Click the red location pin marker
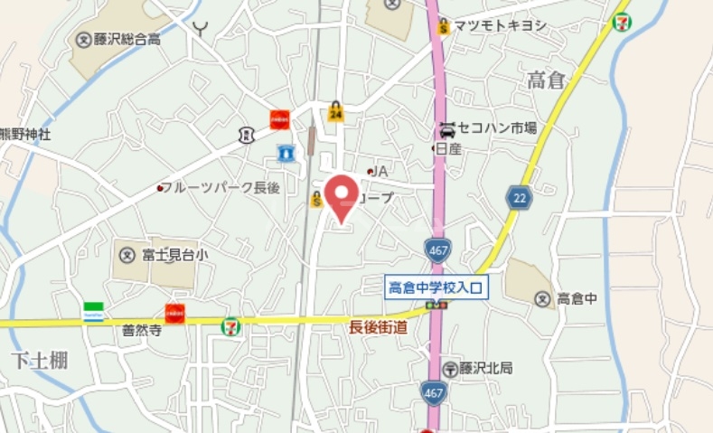tap(341, 195)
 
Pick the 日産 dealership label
tap(448, 149)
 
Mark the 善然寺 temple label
tap(141, 332)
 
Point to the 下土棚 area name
tap(40, 361)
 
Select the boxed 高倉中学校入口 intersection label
tap(436, 287)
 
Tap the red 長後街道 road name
tap(378, 327)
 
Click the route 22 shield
tap(519, 198)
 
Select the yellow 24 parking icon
tap(336, 112)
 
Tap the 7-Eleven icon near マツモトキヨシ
tap(622, 21)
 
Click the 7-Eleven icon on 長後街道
tap(231, 324)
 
